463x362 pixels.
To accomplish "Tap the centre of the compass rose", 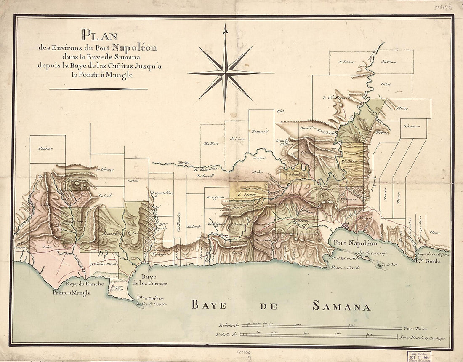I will (x=225, y=73).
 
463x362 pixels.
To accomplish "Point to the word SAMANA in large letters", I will (x=341, y=306).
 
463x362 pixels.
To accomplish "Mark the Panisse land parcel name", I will (x=43, y=148).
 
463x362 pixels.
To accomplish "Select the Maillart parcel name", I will (x=211, y=144).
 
